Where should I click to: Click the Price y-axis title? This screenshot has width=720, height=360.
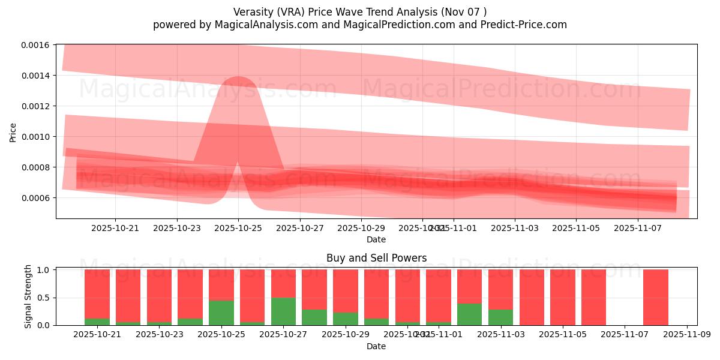pyautogui.click(x=13, y=132)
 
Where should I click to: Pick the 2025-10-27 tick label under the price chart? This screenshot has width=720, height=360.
pyautogui.click(x=300, y=228)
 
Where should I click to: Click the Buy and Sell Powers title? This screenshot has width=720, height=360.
pyautogui.click(x=376, y=258)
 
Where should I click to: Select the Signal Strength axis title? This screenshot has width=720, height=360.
pyautogui.click(x=28, y=296)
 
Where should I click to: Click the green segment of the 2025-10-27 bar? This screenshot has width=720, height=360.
pyautogui.click(x=283, y=311)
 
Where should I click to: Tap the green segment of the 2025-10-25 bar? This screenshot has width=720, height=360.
pyautogui.click(x=221, y=313)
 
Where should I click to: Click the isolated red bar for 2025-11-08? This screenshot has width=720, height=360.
pyautogui.click(x=655, y=297)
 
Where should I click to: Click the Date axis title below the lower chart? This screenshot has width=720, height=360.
pyautogui.click(x=376, y=346)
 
